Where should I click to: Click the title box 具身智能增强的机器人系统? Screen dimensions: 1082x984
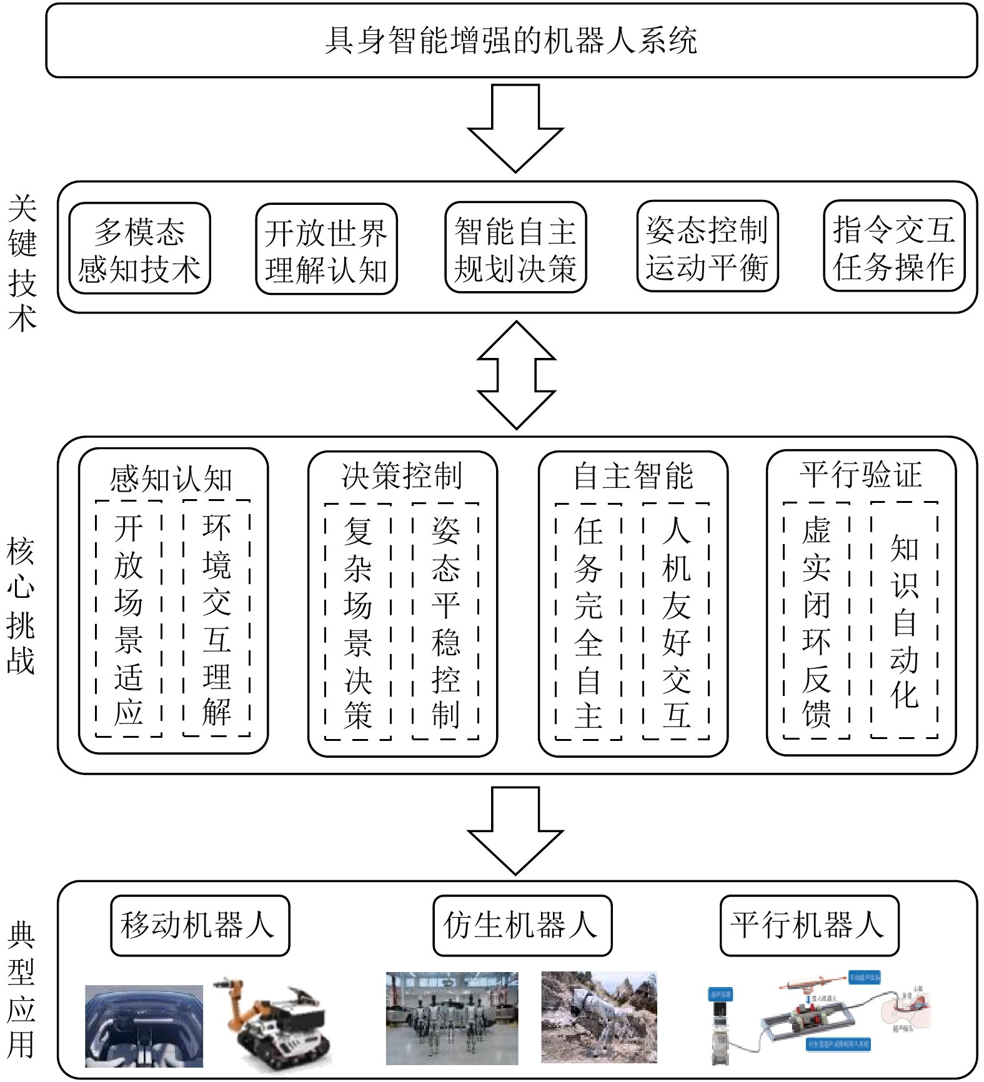(511, 41)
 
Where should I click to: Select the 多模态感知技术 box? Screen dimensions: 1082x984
(139, 249)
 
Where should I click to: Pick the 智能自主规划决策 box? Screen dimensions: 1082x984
(515, 248)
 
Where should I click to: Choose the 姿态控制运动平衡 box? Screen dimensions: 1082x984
(707, 247)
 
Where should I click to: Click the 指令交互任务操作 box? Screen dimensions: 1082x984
(894, 246)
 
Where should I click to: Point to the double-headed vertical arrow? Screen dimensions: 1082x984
(516, 375)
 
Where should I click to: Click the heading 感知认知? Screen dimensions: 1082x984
(171, 479)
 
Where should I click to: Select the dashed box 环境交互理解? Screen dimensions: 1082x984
(216, 618)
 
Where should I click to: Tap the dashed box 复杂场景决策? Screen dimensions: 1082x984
(358, 622)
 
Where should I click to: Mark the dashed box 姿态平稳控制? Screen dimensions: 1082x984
(445, 622)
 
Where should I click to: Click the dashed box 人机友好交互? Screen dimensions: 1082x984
(676, 622)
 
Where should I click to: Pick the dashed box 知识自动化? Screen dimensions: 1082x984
(904, 620)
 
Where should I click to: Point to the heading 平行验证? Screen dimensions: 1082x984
(861, 475)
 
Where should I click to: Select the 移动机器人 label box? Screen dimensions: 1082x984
(200, 925)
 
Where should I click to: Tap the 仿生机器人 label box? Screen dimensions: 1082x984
(522, 925)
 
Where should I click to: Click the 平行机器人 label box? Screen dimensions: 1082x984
(809, 925)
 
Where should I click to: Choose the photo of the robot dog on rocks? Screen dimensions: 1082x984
(599, 1017)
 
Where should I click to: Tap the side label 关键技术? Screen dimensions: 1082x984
(22, 262)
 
